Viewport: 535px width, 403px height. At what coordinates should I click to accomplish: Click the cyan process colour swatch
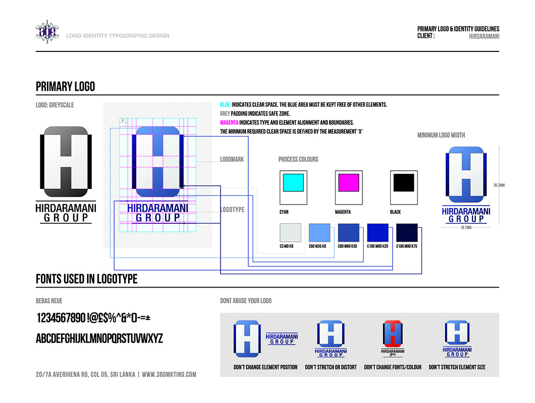(293, 182)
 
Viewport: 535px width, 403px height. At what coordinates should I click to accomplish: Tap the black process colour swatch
(403, 182)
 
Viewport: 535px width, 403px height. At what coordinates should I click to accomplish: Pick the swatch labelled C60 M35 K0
(319, 233)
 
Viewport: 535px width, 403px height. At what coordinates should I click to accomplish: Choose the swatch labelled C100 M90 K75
(407, 233)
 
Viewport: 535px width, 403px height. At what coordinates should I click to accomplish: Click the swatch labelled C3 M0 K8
(290, 233)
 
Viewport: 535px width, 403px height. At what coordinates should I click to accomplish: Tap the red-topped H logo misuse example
(392, 333)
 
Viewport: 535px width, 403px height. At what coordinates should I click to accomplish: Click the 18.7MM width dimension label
(465, 228)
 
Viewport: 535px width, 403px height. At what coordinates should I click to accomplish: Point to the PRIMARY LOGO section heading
(65, 87)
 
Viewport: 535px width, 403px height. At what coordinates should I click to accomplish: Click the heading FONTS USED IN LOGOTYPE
(86, 279)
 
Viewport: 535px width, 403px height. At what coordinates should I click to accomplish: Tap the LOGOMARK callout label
(232, 160)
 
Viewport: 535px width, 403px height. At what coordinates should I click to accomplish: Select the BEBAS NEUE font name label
(49, 301)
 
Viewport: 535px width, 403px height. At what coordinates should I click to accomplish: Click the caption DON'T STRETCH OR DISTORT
(331, 367)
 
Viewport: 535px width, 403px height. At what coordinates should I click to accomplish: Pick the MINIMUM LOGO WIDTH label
(441, 135)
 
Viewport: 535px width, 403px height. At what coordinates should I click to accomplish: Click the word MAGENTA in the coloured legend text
(229, 122)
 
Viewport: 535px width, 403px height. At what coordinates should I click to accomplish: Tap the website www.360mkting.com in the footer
(169, 375)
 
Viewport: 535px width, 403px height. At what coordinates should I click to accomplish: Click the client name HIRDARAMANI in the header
(484, 36)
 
